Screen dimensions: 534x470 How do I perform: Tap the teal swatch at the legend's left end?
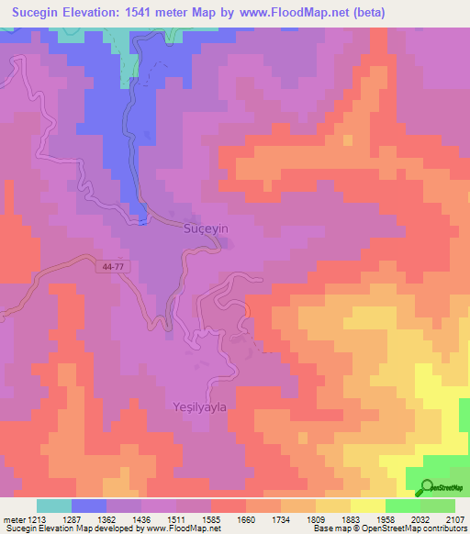point(54,506)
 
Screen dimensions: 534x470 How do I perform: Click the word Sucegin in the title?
point(36,12)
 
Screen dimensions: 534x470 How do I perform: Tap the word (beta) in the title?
point(365,12)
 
